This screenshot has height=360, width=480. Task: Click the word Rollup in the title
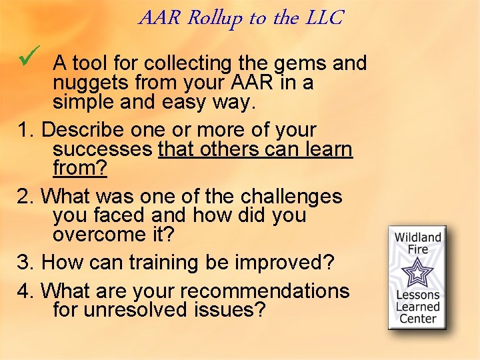point(215,18)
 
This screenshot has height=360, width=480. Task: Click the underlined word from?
point(79,168)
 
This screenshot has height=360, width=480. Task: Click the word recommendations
point(265,291)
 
